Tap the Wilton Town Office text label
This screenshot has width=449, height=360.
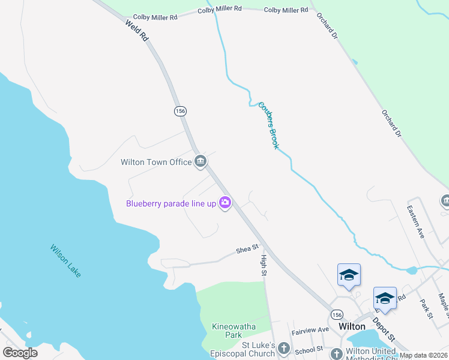pos(155,162)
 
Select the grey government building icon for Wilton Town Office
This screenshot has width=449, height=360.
pos(200,161)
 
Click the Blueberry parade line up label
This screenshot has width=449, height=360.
pos(170,203)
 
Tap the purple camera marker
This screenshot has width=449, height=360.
pos(225,203)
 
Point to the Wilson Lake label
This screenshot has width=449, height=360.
pos(65,260)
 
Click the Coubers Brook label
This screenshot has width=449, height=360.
pos(269,125)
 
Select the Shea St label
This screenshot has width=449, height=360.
pos(247,248)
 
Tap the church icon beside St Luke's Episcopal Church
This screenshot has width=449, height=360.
pos(284,349)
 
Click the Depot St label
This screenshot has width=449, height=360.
pos(385,331)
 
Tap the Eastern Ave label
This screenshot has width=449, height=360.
pos(415,222)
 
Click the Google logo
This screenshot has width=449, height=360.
pos(20,353)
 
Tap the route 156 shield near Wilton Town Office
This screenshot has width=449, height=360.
pos(179,111)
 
